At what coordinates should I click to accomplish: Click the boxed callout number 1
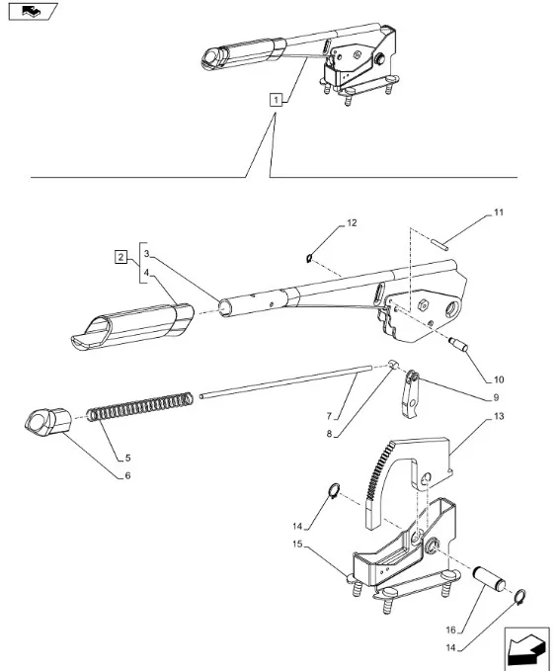[276, 100]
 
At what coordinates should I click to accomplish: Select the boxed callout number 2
[121, 257]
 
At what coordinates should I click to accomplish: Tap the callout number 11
[499, 212]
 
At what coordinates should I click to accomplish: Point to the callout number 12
[352, 223]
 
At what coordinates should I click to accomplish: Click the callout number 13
[499, 416]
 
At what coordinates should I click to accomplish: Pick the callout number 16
[451, 629]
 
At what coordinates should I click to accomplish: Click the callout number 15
[297, 544]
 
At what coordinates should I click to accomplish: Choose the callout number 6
[127, 475]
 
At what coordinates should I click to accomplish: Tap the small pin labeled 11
[439, 242]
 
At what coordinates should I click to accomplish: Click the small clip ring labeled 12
[309, 258]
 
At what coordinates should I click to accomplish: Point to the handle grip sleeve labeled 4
[132, 326]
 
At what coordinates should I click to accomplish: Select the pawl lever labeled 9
[410, 394]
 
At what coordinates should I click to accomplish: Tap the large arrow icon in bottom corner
[526, 648]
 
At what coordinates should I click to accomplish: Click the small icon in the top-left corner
[33, 12]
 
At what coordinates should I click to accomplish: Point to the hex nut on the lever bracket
[423, 305]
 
